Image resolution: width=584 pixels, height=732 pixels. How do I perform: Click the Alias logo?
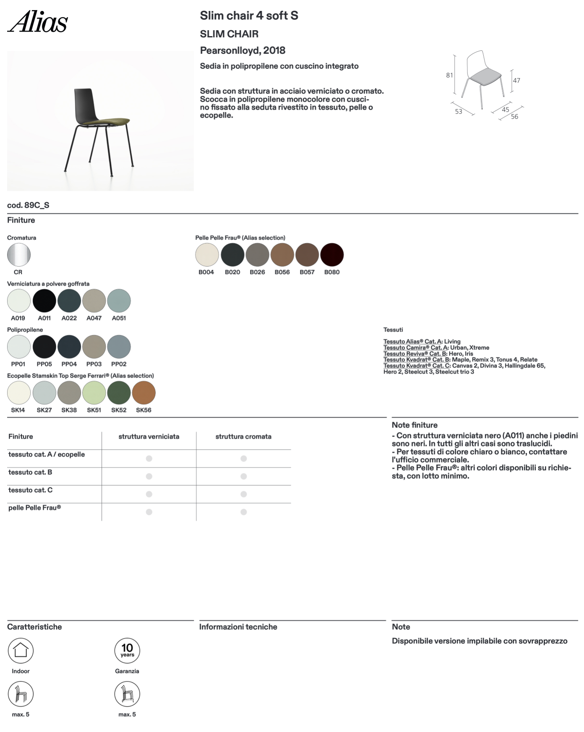click(x=37, y=22)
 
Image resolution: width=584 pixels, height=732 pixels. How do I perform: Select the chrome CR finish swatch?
click(x=19, y=255)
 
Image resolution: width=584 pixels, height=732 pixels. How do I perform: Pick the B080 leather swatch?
click(x=332, y=255)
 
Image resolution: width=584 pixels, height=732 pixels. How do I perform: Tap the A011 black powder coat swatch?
click(x=44, y=301)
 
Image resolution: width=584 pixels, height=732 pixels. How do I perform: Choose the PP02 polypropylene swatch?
click(x=119, y=347)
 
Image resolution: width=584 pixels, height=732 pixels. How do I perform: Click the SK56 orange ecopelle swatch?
click(x=143, y=393)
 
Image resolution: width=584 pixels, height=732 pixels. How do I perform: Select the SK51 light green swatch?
click(x=94, y=393)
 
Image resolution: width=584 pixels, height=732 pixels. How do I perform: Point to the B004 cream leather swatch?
click(x=207, y=255)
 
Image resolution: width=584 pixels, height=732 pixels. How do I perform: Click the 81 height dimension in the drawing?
click(x=449, y=75)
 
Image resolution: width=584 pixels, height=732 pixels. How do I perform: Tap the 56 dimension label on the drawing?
click(x=514, y=117)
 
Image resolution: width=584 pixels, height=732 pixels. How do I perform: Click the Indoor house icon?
click(x=21, y=651)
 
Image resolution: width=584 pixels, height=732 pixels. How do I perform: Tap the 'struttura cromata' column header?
click(x=243, y=437)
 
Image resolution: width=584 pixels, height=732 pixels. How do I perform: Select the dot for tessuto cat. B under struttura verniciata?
click(x=149, y=476)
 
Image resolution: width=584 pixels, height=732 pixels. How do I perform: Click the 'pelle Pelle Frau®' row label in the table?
click(x=35, y=508)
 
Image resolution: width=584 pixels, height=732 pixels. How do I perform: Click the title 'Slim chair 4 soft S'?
click(x=249, y=16)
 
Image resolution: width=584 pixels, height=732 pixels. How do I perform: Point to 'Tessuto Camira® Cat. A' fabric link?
click(x=416, y=348)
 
